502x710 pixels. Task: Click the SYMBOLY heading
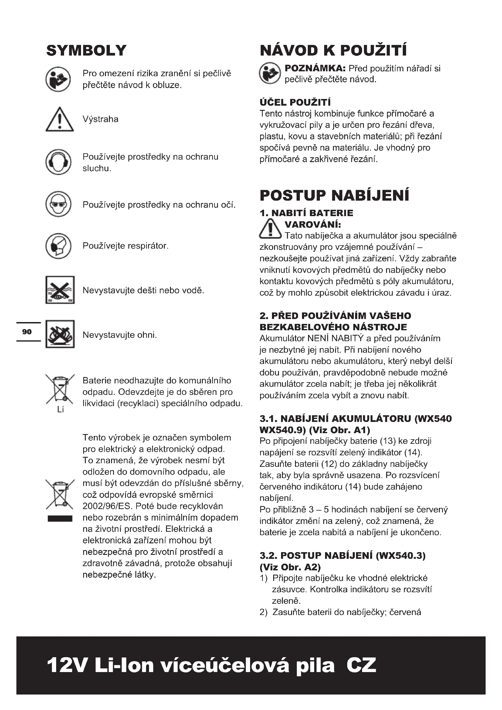coord(86,50)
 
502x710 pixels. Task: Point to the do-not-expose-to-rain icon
coord(60,290)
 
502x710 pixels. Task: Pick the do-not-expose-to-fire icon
coord(60,334)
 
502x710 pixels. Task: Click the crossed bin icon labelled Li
coord(60,390)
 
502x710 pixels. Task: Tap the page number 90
coord(27,332)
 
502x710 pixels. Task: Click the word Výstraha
coord(100,119)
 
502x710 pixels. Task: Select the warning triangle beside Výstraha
coord(60,120)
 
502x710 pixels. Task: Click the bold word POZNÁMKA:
coord(315,68)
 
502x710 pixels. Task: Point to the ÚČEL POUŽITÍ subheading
coord(295,102)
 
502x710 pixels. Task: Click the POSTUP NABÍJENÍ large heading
coord(334,195)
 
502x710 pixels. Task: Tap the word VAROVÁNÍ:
coord(313,224)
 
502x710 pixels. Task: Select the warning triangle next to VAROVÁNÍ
coord(270,229)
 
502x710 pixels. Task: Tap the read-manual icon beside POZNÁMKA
coord(270,73)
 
